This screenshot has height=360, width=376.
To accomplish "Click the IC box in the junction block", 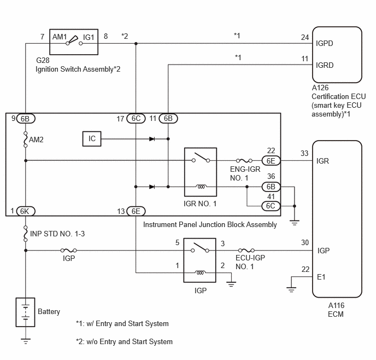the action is (x=92, y=139).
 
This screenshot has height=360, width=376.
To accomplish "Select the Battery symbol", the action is (x=26, y=312).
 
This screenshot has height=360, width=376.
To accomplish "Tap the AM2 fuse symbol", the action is (x=26, y=140).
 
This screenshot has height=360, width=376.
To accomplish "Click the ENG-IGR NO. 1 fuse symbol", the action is (x=244, y=160).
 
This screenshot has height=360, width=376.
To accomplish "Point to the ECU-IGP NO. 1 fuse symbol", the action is (x=246, y=251).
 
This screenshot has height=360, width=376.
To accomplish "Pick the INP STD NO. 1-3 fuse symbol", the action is (x=26, y=234).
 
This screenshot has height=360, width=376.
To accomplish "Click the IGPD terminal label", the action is (x=325, y=43).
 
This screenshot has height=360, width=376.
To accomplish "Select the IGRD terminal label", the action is (x=325, y=65).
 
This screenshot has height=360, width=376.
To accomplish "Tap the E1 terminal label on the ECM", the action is (x=321, y=277).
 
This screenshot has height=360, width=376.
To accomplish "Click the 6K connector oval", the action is (x=26, y=211).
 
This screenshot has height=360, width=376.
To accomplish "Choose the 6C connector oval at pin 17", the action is (x=136, y=118).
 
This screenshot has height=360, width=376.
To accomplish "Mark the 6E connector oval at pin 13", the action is (x=136, y=211).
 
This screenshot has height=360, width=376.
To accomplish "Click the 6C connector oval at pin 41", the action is (x=271, y=206).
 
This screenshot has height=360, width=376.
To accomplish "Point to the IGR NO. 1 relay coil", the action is (x=201, y=186).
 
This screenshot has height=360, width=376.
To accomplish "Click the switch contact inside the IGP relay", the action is (x=200, y=248).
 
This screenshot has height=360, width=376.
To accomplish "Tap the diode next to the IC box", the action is (x=152, y=139).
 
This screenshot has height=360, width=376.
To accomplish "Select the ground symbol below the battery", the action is (x=26, y=341).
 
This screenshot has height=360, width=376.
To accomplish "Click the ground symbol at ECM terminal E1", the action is (x=291, y=289).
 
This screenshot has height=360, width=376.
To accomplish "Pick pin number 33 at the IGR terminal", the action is (x=304, y=153).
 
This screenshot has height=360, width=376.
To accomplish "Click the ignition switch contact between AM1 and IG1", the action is (x=74, y=40).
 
